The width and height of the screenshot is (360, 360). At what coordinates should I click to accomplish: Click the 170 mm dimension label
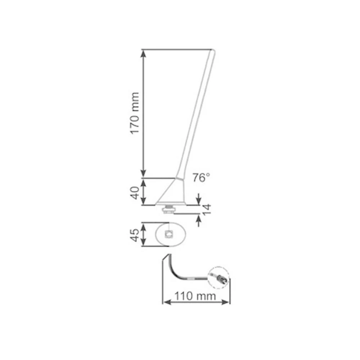pyautogui.click(x=135, y=113)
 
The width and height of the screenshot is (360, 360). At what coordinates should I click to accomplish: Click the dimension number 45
pyautogui.click(x=135, y=235)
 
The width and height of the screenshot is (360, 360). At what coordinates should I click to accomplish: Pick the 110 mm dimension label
pyautogui.click(x=195, y=296)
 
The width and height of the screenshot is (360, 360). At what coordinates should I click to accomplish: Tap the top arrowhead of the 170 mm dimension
pyautogui.click(x=144, y=53)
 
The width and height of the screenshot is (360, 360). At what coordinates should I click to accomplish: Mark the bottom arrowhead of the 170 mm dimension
pyautogui.click(x=144, y=174)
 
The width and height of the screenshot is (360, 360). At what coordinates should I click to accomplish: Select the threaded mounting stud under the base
pyautogui.click(x=168, y=208)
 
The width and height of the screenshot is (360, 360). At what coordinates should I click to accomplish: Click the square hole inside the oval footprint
pyautogui.click(x=169, y=234)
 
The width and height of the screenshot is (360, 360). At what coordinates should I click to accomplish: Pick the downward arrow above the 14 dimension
pyautogui.click(x=198, y=200)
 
